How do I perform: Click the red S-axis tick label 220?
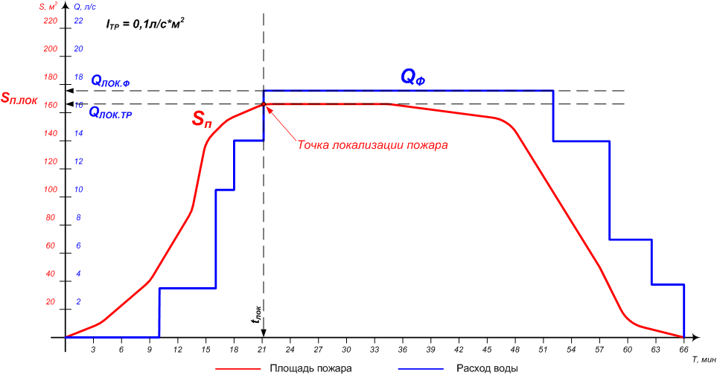[x=50, y=21]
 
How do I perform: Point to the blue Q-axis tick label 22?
[x=77, y=21]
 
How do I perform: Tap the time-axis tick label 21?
[x=262, y=349]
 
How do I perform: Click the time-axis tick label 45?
[x=487, y=349]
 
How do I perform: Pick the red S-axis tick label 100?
[x=50, y=190]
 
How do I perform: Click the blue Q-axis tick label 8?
[x=79, y=218]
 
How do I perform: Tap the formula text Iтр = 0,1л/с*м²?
[x=145, y=24]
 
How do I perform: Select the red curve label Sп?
[x=203, y=118]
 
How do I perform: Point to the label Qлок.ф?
[x=110, y=81]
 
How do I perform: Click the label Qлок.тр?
[x=110, y=113]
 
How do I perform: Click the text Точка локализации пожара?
[x=372, y=145]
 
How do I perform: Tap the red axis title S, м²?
[x=49, y=7]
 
